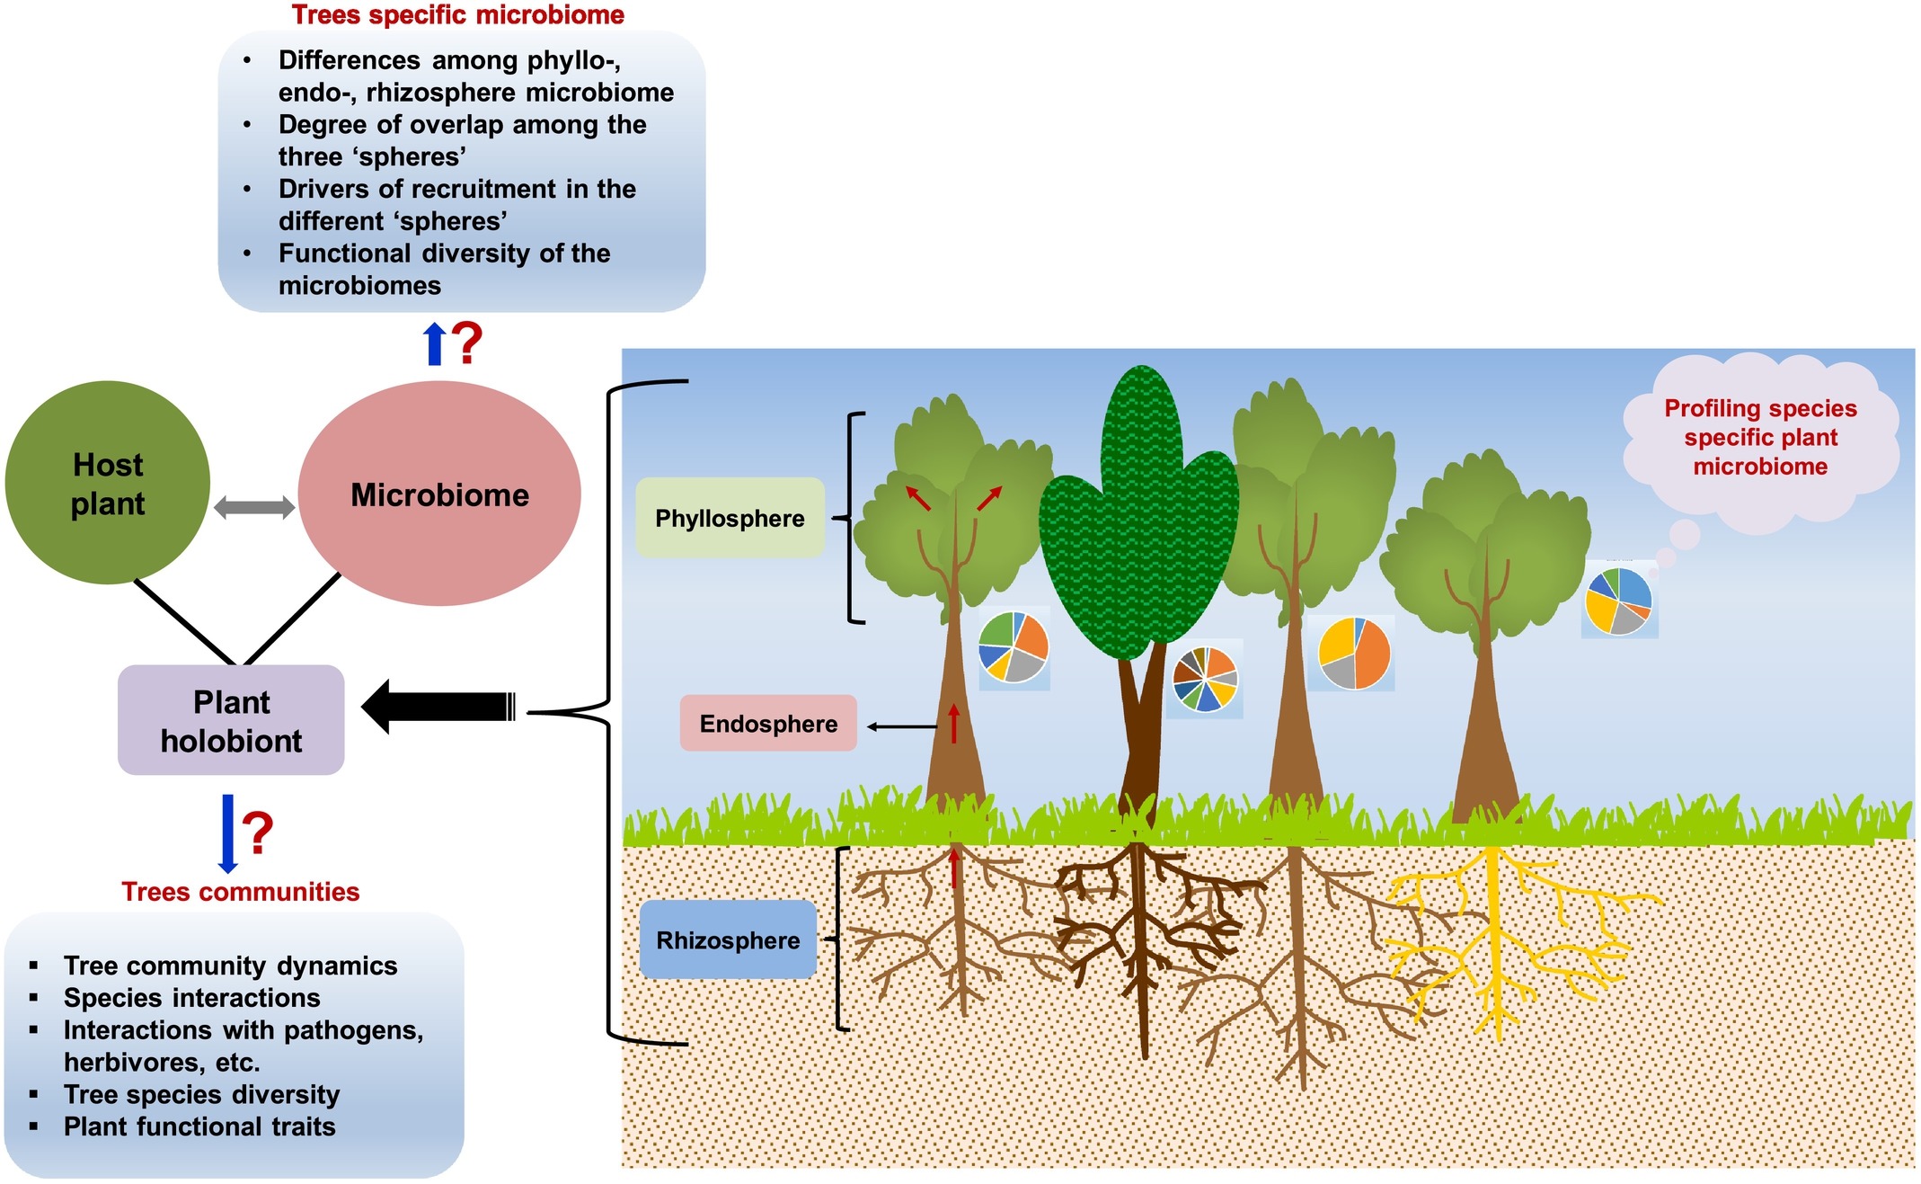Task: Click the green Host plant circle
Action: pyautogui.click(x=108, y=483)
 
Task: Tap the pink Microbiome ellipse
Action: pyautogui.click(x=439, y=494)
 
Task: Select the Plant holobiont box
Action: pyautogui.click(x=231, y=720)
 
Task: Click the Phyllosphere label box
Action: pyautogui.click(x=730, y=518)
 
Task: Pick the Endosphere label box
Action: pyautogui.click(x=768, y=724)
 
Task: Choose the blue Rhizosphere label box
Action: pyautogui.click(x=728, y=939)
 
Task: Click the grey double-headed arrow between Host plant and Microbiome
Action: pyautogui.click(x=254, y=507)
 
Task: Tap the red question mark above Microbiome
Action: pyautogui.click(x=466, y=343)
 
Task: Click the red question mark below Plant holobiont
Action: pyautogui.click(x=257, y=832)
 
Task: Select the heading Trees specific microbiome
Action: pyautogui.click(x=457, y=14)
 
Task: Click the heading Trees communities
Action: pyautogui.click(x=240, y=891)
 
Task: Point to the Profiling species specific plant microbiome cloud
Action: pyautogui.click(x=1760, y=438)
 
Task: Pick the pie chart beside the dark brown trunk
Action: pyautogui.click(x=1205, y=680)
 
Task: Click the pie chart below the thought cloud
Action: pyautogui.click(x=1619, y=601)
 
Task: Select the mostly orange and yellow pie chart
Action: pyautogui.click(x=1354, y=654)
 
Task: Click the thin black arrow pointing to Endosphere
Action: pyautogui.click(x=902, y=726)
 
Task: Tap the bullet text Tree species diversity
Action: pyautogui.click(x=201, y=1094)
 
